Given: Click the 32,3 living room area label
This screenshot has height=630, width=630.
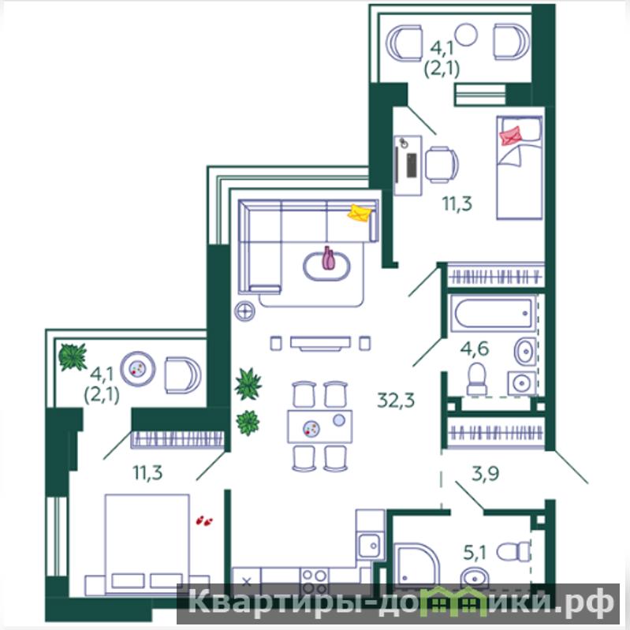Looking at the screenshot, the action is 396,401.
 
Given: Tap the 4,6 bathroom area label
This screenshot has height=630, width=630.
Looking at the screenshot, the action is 475,348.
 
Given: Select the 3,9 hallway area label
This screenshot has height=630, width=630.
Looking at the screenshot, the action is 486,473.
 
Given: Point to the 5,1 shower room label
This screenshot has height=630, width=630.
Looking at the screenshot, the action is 475,553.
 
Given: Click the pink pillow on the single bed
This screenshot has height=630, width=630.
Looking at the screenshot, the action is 510,136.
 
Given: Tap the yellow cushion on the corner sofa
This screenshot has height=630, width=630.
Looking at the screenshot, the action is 360,213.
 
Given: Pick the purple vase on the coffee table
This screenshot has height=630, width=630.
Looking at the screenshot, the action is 328,259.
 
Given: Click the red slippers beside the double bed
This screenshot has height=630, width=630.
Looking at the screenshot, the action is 204,521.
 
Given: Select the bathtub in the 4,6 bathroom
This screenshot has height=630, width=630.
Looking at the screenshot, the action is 494,313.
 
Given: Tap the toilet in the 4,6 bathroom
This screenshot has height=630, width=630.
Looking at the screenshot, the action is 477,379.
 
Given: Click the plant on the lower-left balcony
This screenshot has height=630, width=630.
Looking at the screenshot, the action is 73,356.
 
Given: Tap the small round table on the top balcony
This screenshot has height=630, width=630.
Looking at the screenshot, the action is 466,35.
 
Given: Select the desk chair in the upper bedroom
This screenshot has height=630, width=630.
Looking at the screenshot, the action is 442,165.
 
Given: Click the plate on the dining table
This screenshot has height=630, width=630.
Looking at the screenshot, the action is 311,428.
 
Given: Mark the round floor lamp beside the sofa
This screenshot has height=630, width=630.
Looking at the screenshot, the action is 244,311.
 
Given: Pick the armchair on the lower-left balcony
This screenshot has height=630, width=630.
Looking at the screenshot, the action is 183,375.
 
